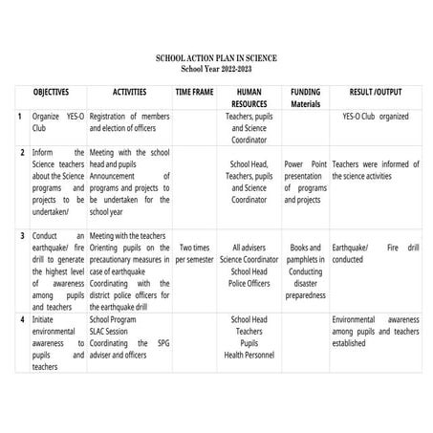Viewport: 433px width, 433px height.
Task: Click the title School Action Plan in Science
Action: click(216, 58)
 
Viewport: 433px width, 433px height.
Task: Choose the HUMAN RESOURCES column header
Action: click(249, 100)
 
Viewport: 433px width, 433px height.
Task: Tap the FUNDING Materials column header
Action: click(305, 100)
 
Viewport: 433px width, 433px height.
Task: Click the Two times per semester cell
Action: click(195, 252)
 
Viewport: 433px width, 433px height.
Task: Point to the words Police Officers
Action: click(249, 283)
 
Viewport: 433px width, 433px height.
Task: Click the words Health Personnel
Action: click(249, 355)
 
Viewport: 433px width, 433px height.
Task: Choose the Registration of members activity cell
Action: click(129, 121)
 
